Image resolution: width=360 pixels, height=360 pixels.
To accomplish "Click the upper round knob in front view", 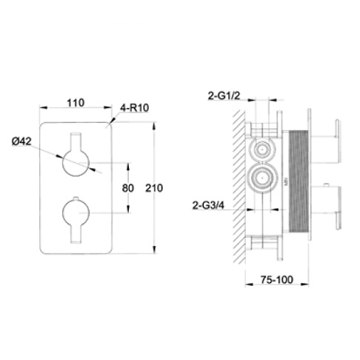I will point(76,161).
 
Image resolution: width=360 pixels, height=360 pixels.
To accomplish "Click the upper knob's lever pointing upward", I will point(76,140).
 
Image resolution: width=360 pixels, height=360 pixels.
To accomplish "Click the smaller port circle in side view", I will point(260,149).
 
